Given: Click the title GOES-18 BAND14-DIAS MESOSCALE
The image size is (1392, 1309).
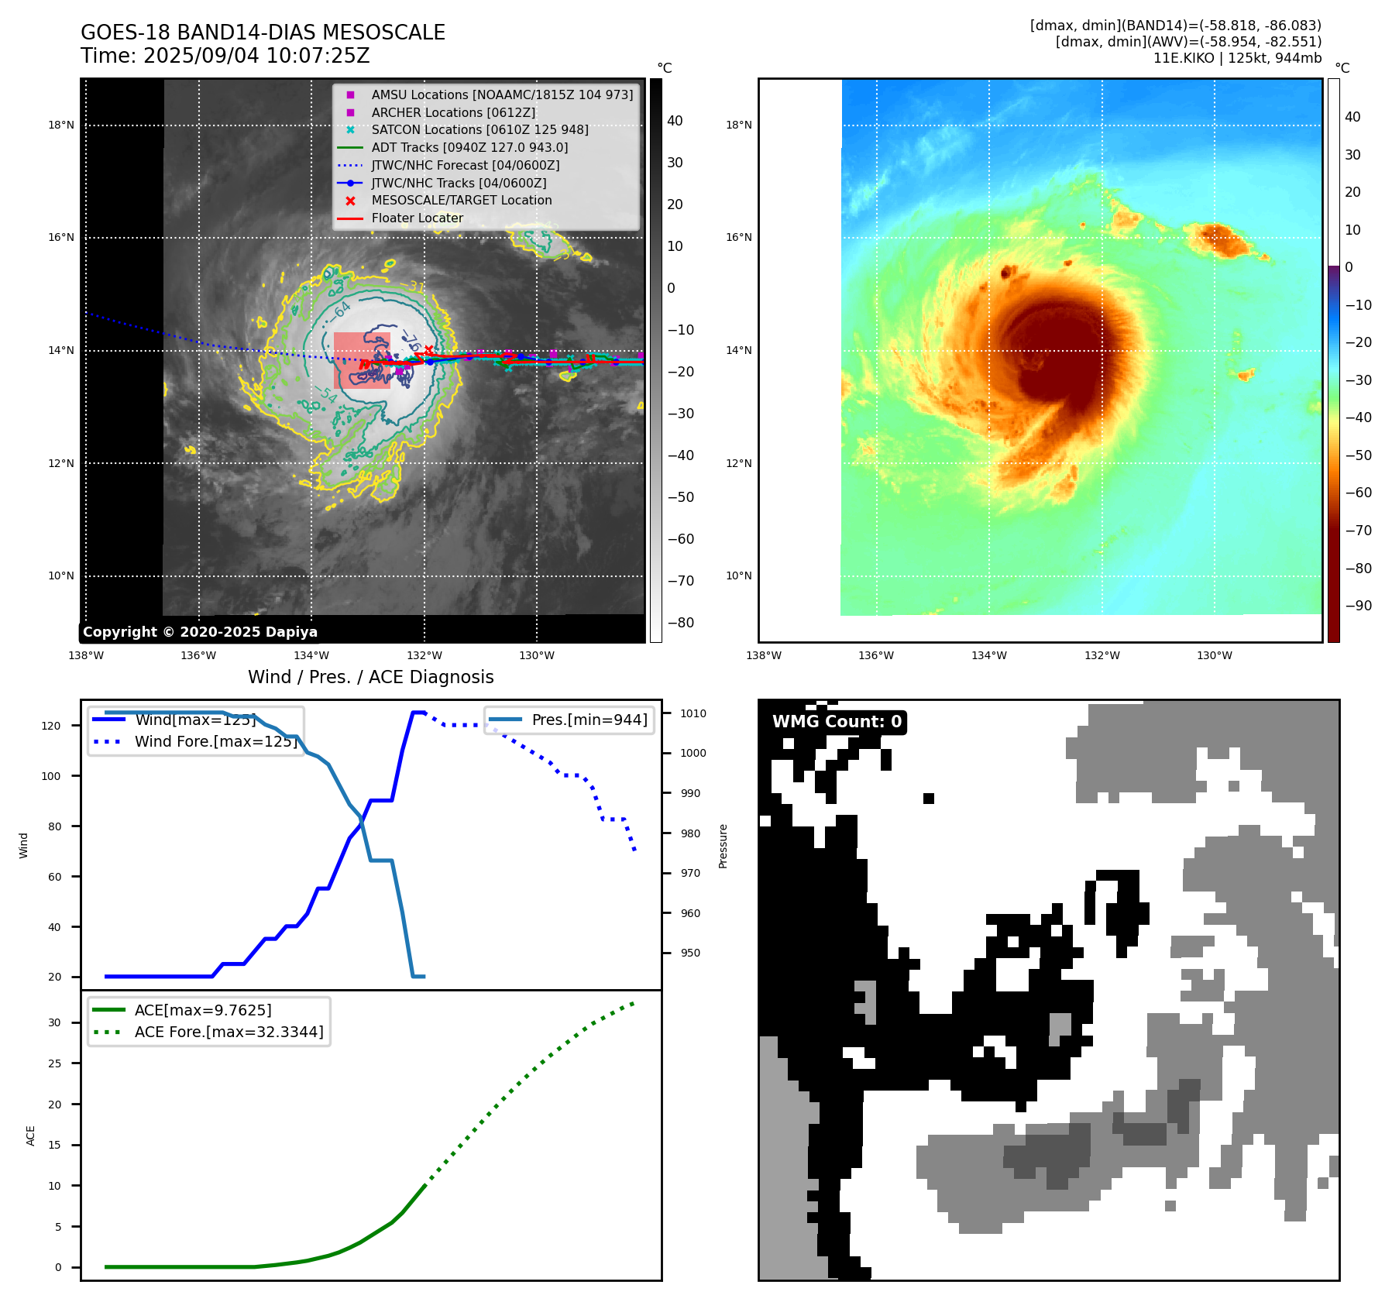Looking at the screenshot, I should click(x=263, y=33).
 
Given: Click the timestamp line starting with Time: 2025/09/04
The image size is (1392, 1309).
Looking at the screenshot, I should click(x=225, y=56).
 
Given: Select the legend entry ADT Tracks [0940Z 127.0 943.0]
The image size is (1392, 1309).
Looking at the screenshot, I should click(x=469, y=147).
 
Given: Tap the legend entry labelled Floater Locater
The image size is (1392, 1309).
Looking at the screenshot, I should click(x=417, y=218).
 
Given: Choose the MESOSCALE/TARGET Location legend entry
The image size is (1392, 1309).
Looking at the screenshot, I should click(x=462, y=200).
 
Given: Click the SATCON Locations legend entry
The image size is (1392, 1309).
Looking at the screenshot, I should click(x=479, y=129).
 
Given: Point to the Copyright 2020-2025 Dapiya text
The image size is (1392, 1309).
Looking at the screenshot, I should click(x=200, y=632).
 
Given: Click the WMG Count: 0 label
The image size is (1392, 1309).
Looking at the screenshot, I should click(x=837, y=722).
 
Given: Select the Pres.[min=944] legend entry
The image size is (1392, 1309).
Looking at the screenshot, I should click(x=589, y=720).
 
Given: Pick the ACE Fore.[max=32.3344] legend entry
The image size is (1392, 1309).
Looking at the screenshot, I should click(x=229, y=1032).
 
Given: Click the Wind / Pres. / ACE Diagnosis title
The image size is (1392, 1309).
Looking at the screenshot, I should click(x=370, y=677).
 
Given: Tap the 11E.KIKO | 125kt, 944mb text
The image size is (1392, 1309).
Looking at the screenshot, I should click(x=1237, y=58).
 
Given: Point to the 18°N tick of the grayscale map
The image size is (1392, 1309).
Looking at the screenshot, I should click(x=61, y=125).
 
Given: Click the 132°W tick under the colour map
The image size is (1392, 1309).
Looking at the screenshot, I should click(x=1102, y=655).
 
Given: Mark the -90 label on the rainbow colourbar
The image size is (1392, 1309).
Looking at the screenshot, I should click(x=1358, y=606).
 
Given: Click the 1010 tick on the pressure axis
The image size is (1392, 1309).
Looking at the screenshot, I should click(x=693, y=713).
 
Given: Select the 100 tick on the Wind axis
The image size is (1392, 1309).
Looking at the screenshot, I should click(x=51, y=776).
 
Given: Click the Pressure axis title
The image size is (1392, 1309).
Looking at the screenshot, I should click(x=723, y=846).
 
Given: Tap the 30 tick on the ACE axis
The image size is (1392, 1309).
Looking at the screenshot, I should click(x=54, y=1022).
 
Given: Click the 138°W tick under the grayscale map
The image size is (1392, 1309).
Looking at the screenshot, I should click(x=86, y=655).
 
